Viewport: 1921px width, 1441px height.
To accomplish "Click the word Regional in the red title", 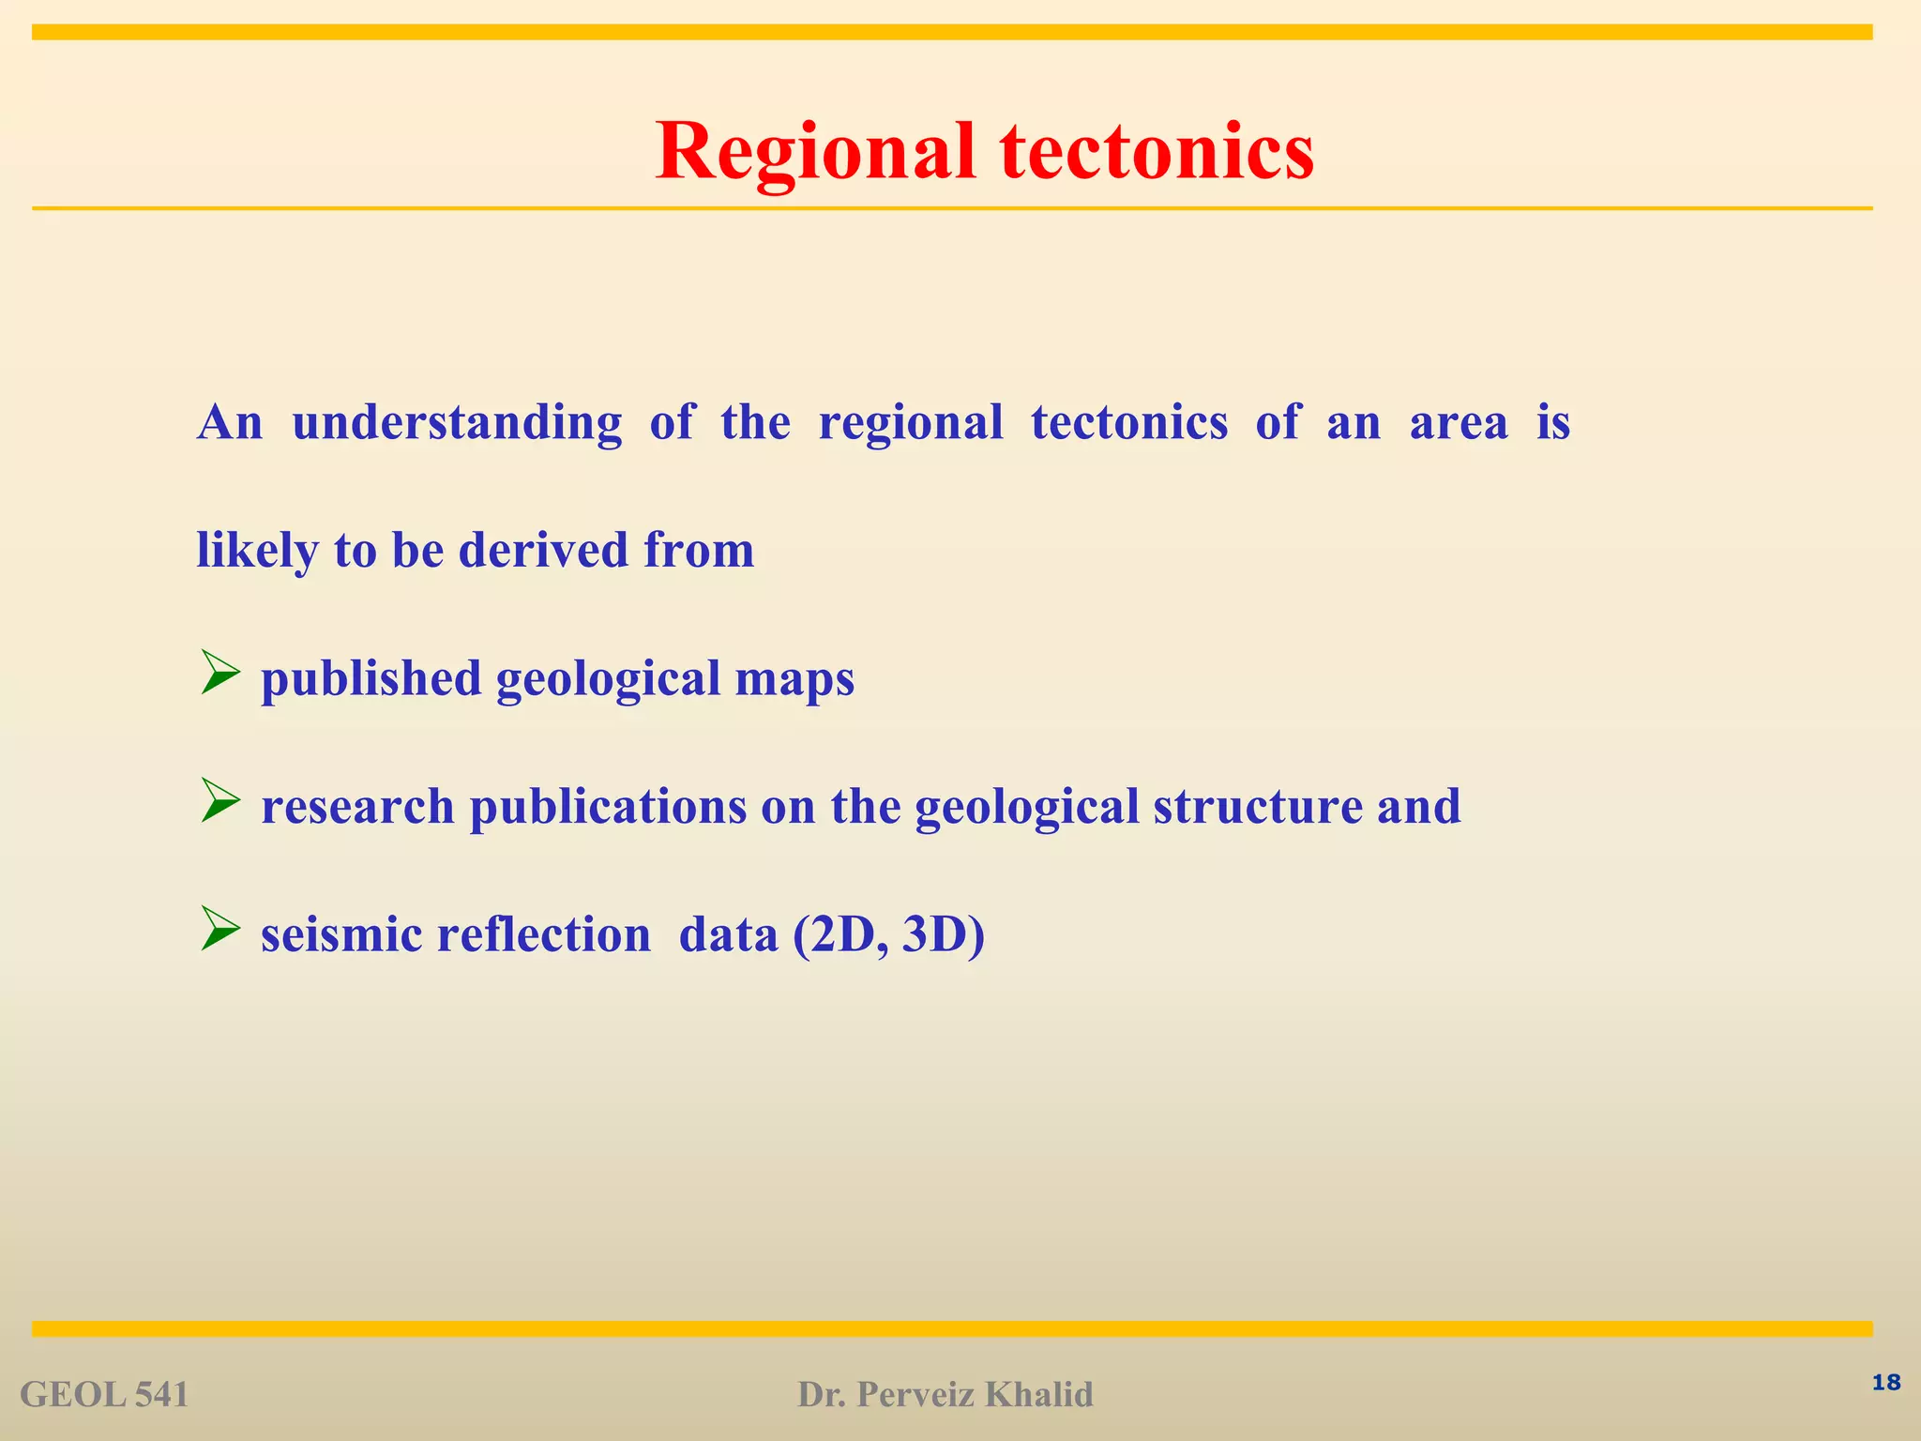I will (816, 152).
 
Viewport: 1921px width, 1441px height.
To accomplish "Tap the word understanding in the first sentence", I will (457, 422).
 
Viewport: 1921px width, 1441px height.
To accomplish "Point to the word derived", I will (543, 550).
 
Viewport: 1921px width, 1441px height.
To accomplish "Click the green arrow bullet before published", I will (221, 675).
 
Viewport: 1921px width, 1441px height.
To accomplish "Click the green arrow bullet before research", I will (221, 804).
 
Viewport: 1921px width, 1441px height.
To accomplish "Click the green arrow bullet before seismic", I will (221, 932).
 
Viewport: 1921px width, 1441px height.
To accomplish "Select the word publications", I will (608, 807).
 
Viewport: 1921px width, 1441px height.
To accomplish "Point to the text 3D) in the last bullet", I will (943, 934).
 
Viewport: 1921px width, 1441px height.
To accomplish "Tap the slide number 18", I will (1885, 1382).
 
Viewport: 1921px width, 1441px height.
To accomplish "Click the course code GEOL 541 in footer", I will (104, 1395).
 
